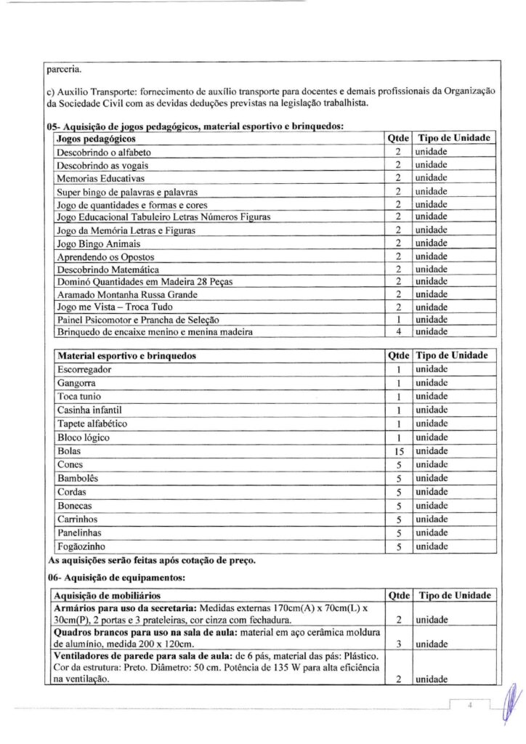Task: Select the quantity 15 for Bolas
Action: click(x=398, y=451)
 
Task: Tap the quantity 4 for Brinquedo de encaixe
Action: click(x=398, y=332)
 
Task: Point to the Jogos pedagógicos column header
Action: click(x=95, y=138)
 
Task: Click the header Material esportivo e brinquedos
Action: click(x=126, y=356)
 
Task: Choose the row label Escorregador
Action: click(x=84, y=369)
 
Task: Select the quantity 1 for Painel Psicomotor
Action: click(x=398, y=320)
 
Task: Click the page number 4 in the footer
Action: click(x=470, y=705)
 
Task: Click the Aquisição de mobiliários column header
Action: click(x=108, y=595)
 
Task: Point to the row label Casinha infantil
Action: click(x=90, y=410)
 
